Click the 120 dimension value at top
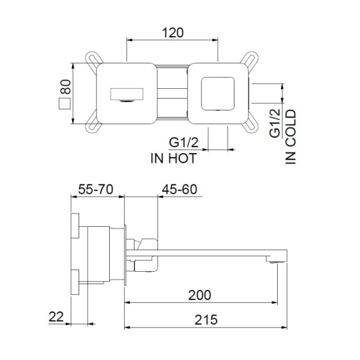(172, 32)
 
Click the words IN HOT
(173, 158)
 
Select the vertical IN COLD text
(292, 136)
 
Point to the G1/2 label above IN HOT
(183, 143)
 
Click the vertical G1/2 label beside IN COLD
(274, 123)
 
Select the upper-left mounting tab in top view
(94, 61)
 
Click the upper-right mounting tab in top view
(248, 61)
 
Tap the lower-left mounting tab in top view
(94, 125)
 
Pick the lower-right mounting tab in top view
(248, 125)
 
